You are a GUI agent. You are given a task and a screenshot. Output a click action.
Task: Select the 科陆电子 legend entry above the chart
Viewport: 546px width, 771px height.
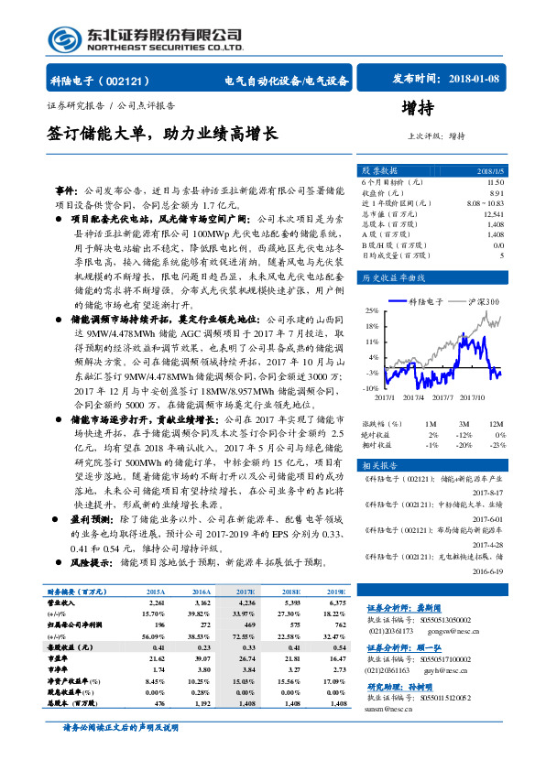click(x=425, y=300)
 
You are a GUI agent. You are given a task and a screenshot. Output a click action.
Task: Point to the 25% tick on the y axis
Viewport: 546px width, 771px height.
click(x=373, y=311)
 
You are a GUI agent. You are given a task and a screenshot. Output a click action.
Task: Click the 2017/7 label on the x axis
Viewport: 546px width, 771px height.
click(x=442, y=396)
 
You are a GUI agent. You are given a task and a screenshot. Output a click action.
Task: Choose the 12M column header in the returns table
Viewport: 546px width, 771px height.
click(x=496, y=424)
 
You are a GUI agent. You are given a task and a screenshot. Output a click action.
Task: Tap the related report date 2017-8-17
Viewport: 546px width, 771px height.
click(x=489, y=492)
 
